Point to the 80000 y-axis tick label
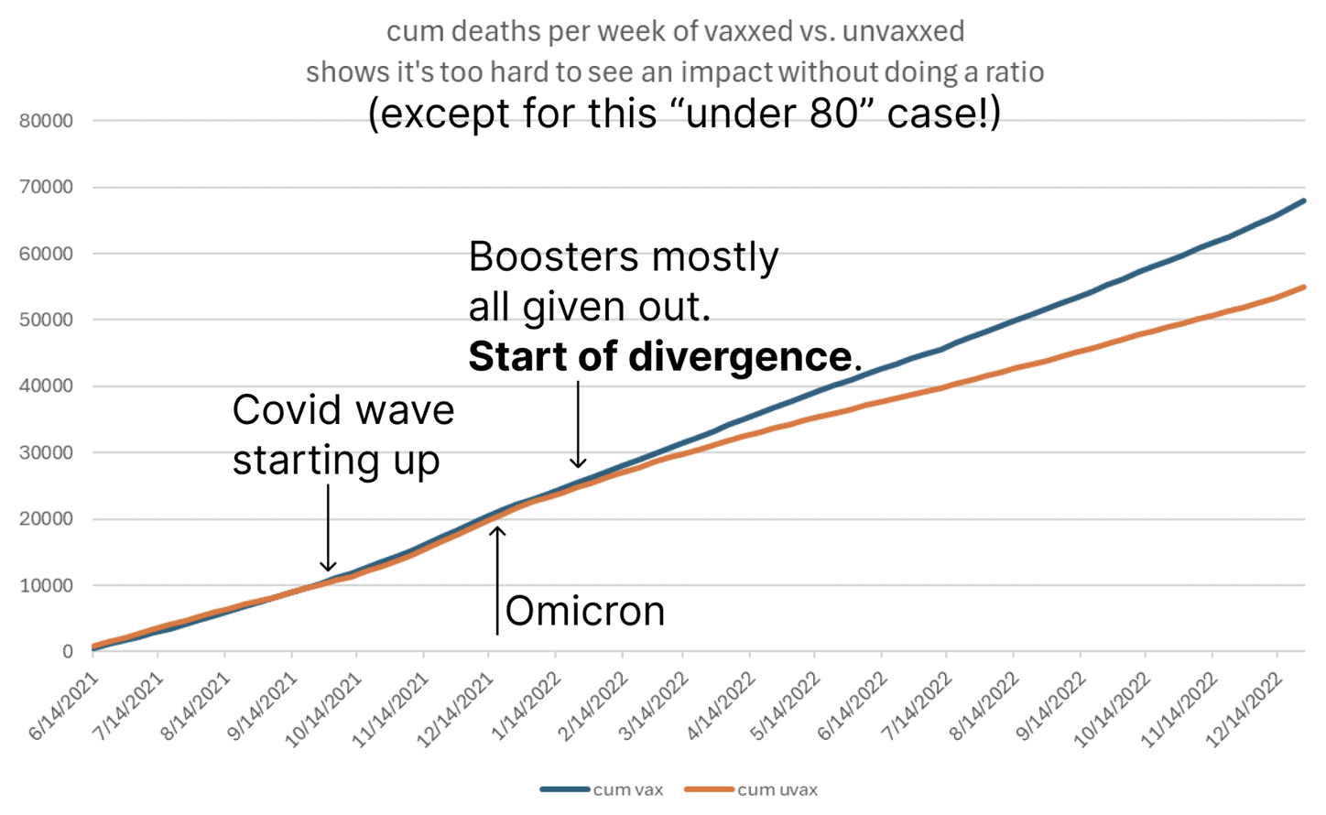pyautogui.click(x=46, y=121)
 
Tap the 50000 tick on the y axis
pyautogui.click(x=46, y=320)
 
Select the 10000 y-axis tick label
pyautogui.click(x=46, y=585)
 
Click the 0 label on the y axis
pyautogui.click(x=67, y=651)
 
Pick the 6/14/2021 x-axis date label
pyautogui.click(x=64, y=705)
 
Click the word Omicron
pyautogui.click(x=585, y=611)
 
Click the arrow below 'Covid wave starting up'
pyautogui.click(x=328, y=527)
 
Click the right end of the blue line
pyautogui.click(x=1303, y=201)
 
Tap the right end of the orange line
pyautogui.click(x=1303, y=288)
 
